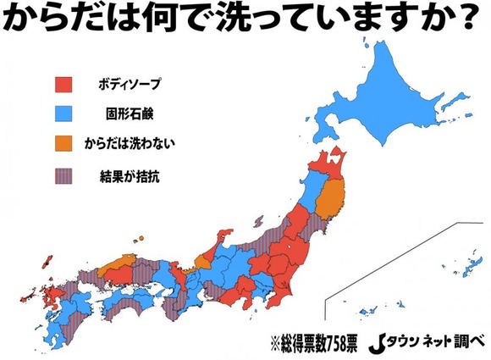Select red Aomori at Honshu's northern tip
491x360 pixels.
point(330,162)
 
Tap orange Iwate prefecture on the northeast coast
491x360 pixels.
point(335,196)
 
